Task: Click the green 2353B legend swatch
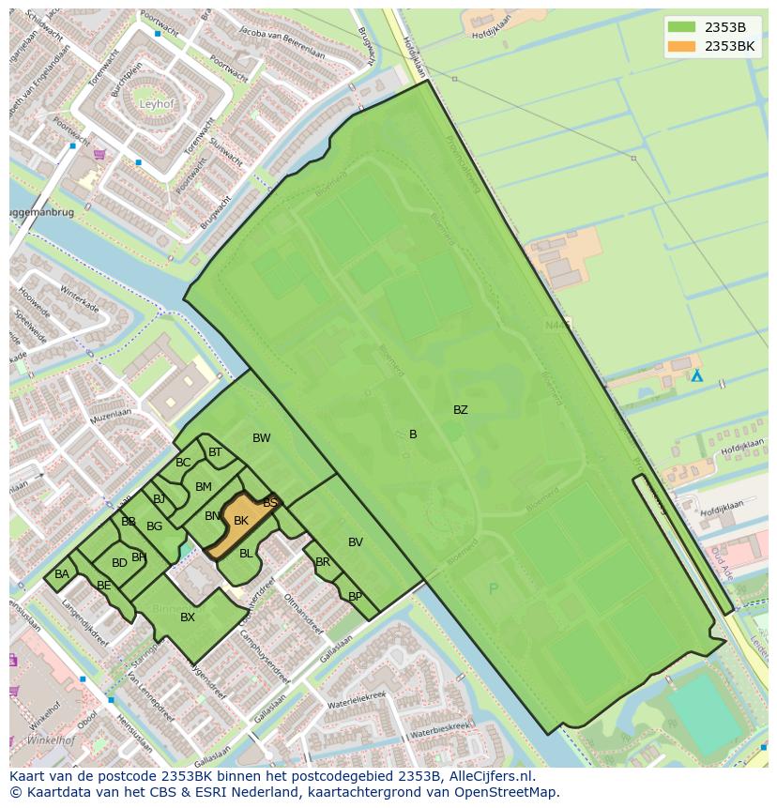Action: (681, 27)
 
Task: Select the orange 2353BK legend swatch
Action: (681, 46)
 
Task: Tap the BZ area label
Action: (460, 410)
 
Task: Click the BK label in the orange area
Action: (241, 521)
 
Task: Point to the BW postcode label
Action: (261, 438)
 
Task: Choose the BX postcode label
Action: (188, 617)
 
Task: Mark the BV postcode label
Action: (356, 542)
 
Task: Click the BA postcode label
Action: (62, 574)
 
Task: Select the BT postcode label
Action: (215, 452)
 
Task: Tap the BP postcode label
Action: (355, 597)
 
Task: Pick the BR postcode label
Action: (323, 563)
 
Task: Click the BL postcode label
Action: (246, 554)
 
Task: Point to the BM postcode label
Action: (204, 487)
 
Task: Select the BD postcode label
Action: (119, 564)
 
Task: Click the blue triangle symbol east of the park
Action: (696, 375)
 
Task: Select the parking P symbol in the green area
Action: (494, 589)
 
